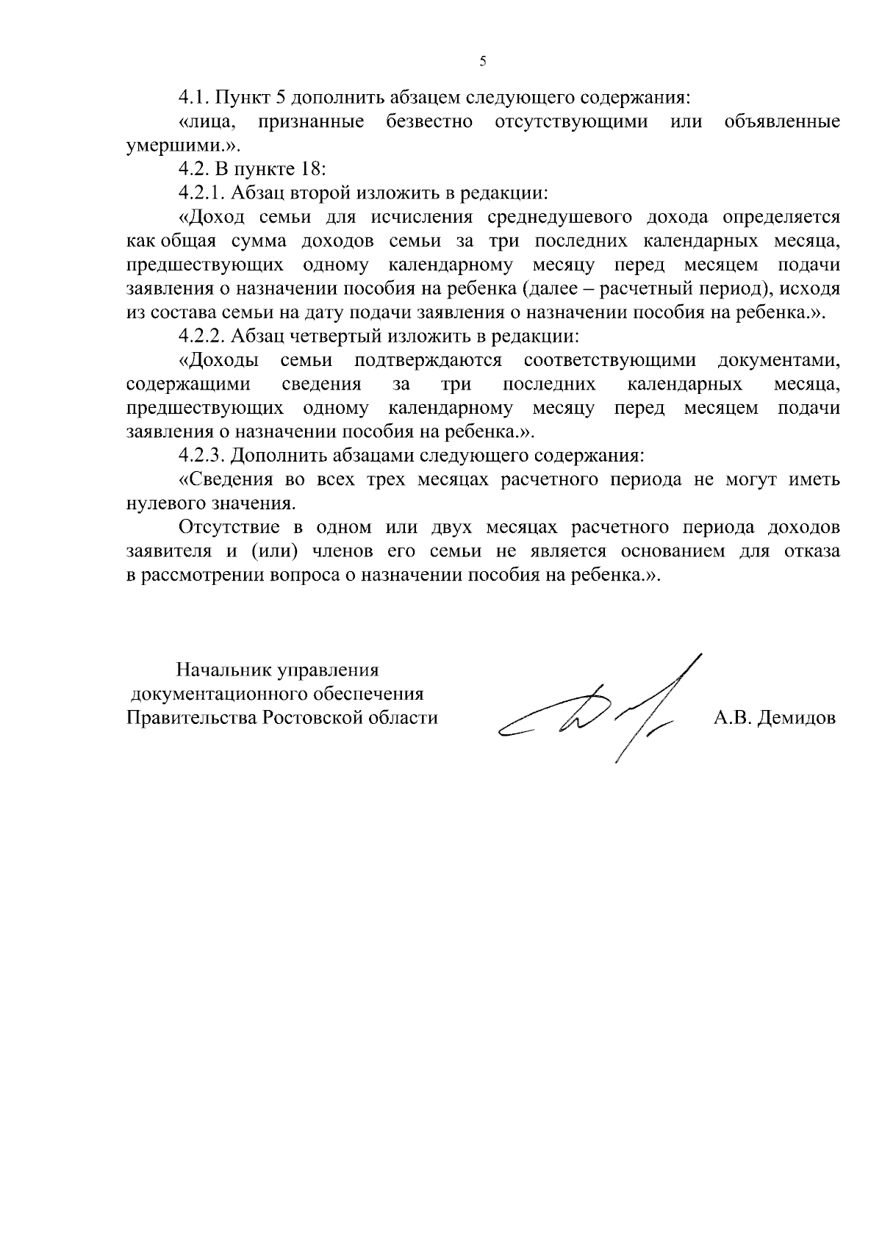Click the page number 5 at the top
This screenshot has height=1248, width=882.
[483, 62]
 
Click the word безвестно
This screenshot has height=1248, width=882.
[429, 121]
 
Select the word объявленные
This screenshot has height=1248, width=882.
[782, 121]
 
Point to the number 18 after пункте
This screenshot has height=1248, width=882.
[309, 169]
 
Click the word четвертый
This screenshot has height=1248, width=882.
[329, 337]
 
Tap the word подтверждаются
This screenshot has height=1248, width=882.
[428, 360]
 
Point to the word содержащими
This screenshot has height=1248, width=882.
[188, 384]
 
